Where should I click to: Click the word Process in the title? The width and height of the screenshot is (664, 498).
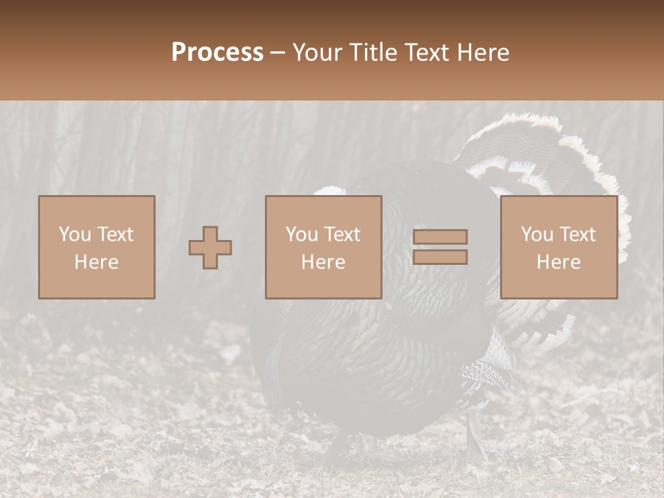point(217,53)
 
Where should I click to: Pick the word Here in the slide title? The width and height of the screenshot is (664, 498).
point(483,53)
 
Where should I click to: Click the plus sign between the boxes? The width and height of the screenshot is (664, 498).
point(210,248)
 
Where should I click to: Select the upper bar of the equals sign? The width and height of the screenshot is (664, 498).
point(441,237)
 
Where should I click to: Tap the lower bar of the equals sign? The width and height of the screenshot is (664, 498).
point(441,257)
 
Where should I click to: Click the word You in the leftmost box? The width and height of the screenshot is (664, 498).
point(75,234)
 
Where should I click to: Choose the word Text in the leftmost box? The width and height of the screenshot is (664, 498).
point(115,234)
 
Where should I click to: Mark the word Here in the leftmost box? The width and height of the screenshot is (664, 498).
point(96,262)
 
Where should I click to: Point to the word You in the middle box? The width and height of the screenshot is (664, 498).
point(302,234)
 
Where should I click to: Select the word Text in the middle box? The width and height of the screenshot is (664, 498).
point(342,234)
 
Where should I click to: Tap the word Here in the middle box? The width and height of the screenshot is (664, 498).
point(323,262)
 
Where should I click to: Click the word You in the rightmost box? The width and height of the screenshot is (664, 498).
point(537,234)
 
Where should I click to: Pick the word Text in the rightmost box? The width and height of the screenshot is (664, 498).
point(577,234)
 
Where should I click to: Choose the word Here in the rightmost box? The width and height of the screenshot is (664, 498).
point(558,262)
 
